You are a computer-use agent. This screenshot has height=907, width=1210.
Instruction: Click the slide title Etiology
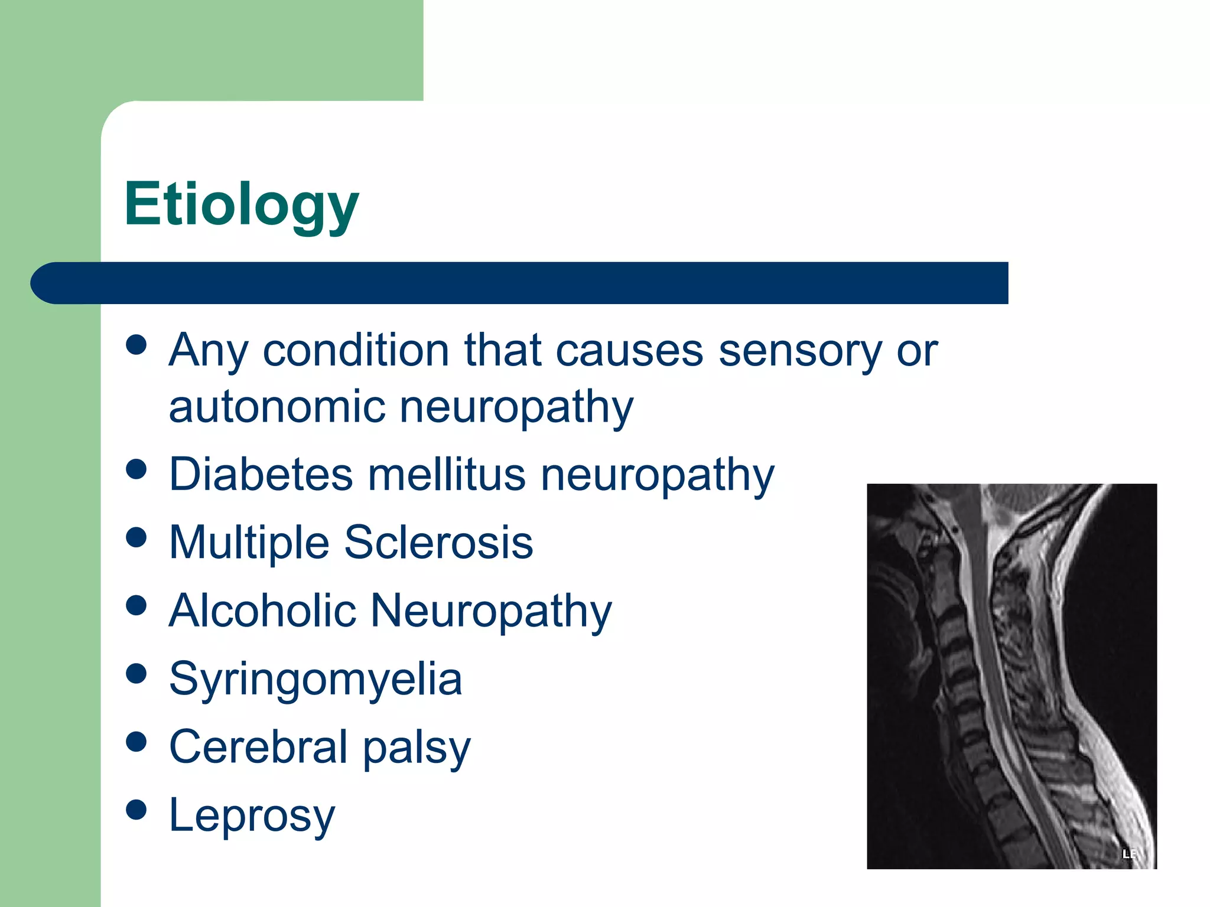(241, 204)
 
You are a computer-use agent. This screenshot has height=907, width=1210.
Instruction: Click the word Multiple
(249, 543)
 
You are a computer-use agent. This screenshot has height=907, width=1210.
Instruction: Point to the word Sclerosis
(438, 543)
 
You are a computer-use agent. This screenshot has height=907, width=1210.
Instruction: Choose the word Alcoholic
(262, 611)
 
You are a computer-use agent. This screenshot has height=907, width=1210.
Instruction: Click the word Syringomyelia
(315, 680)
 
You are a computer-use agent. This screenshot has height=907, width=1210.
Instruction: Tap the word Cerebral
(258, 747)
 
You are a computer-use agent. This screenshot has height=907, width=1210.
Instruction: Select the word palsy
(417, 749)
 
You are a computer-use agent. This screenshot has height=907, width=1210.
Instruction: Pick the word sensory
(800, 351)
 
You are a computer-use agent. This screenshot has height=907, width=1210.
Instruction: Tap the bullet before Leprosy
(136, 810)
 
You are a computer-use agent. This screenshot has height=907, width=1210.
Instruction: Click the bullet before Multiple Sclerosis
(136, 537)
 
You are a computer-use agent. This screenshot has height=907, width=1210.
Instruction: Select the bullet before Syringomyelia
(136, 674)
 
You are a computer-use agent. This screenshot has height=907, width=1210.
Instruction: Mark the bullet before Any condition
(136, 345)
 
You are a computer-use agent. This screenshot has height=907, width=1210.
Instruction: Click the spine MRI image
(1011, 676)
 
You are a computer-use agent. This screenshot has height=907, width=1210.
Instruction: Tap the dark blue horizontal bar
(520, 283)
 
